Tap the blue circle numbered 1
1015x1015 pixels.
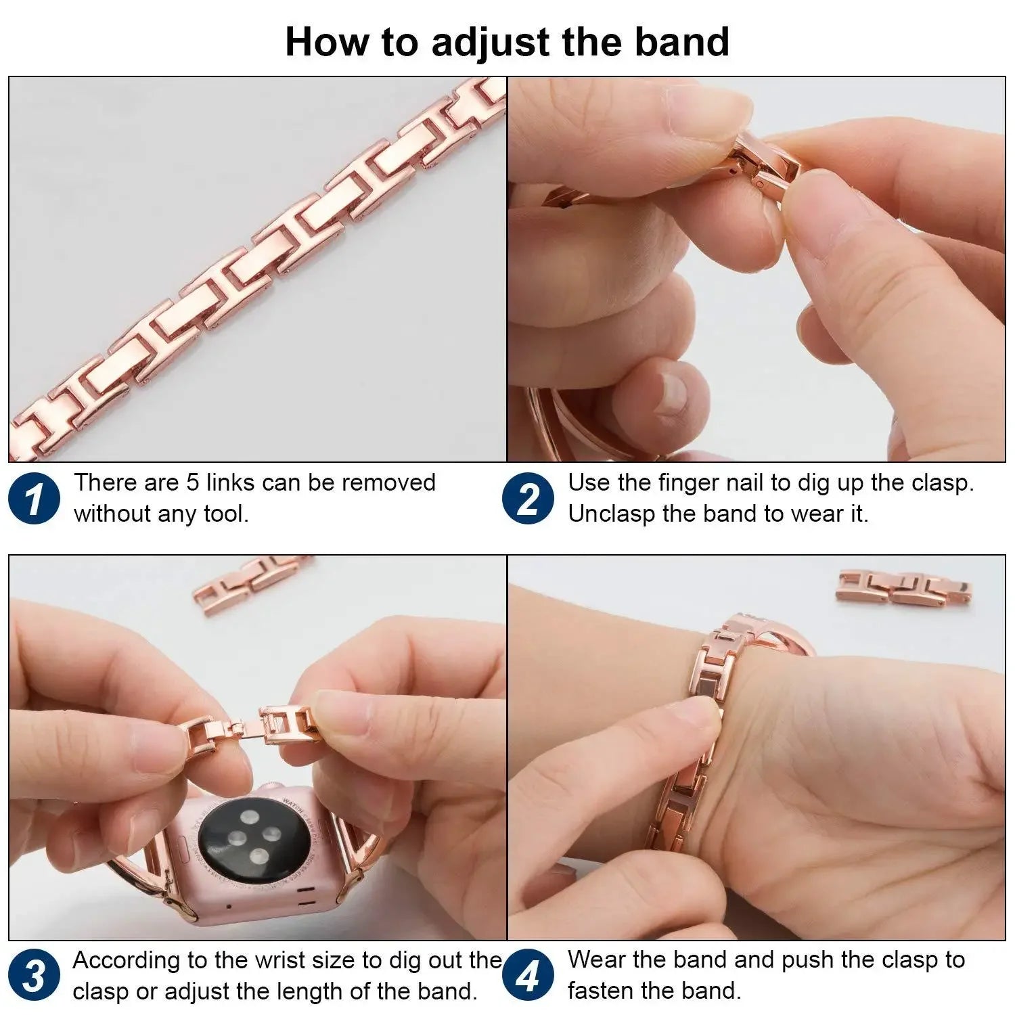34,499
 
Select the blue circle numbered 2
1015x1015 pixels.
528,499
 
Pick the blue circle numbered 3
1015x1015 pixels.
34,976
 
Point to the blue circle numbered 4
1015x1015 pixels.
528,976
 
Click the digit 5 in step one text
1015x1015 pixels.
193,483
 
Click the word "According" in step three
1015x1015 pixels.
127,961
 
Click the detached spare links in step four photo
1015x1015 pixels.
904,586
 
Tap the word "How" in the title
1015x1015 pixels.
328,42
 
